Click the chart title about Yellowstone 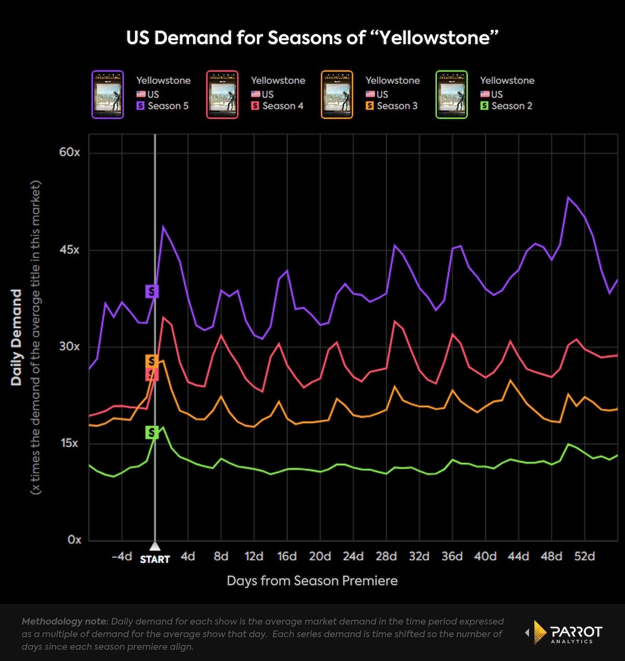click(312, 38)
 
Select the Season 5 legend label click(168, 106)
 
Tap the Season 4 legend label click(282, 106)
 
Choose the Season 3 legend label click(397, 106)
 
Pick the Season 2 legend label click(511, 106)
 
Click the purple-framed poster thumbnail click(108, 94)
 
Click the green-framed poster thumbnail click(452, 94)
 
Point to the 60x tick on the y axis click(70, 152)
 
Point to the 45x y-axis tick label click(70, 250)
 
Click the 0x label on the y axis click(74, 540)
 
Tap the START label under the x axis click(155, 559)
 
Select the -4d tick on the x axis click(121, 556)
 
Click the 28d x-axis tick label click(386, 556)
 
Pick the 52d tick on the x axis click(584, 556)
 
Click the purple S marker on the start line click(152, 291)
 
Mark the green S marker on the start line click(152, 432)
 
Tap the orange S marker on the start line click(152, 361)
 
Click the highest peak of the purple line click(568, 197)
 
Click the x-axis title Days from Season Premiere click(312, 581)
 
